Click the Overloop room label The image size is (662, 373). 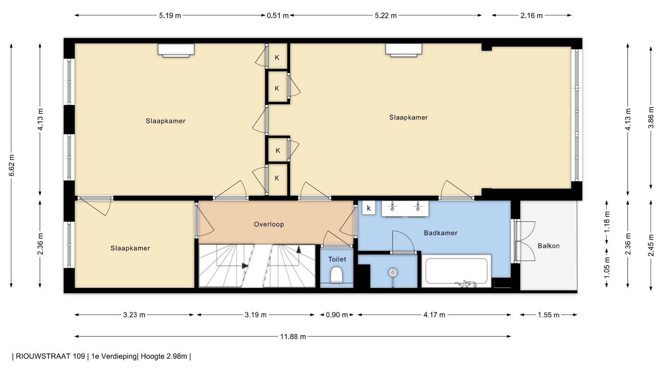(x=269, y=224)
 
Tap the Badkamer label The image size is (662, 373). (x=441, y=233)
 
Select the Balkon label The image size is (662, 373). (x=549, y=246)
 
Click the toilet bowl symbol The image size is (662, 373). (x=337, y=276)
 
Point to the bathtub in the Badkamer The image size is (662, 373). (x=457, y=271)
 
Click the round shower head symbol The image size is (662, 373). (x=393, y=273)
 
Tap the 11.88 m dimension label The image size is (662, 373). (x=293, y=337)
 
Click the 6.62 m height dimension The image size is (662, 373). (x=12, y=165)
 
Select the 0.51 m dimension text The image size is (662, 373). (x=278, y=16)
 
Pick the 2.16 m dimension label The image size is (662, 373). (x=531, y=16)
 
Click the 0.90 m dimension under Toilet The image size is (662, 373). (x=337, y=315)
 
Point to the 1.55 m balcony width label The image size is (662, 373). (x=549, y=315)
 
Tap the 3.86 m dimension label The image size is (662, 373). (x=651, y=117)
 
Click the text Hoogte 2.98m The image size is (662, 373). (x=164, y=356)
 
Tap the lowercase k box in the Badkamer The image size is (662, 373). (x=369, y=208)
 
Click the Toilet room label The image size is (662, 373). (x=337, y=259)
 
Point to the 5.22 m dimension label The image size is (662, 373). (x=386, y=16)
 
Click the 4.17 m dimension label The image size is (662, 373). (x=434, y=315)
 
